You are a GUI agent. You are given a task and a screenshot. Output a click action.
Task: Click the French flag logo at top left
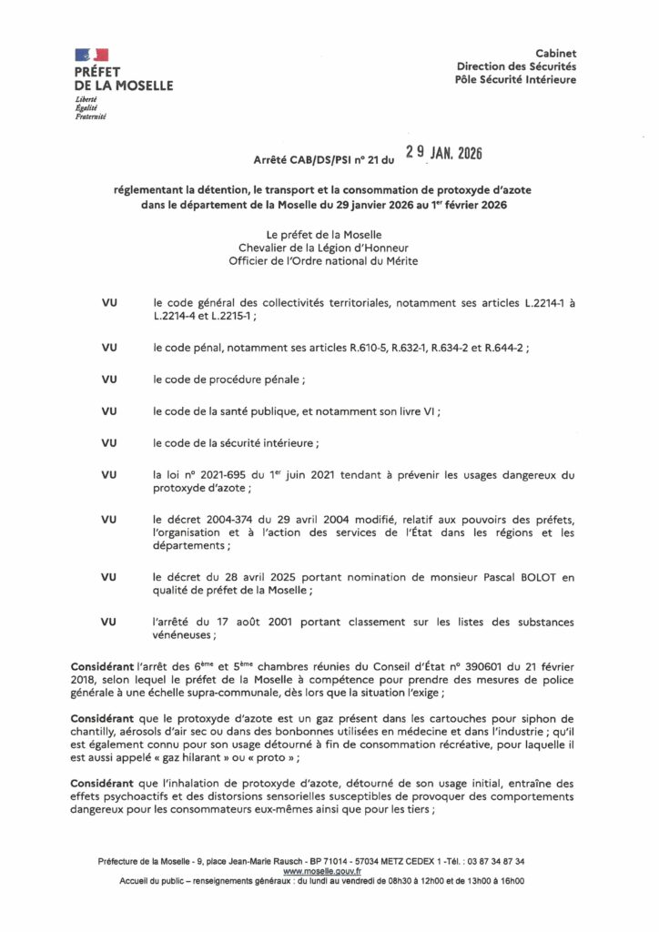[x=92, y=55]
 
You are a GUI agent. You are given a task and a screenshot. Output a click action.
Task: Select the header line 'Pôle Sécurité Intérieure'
[x=515, y=79]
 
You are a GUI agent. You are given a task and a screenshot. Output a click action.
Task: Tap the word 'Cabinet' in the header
[x=555, y=54]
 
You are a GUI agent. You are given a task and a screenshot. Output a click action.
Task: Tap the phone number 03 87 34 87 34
[x=493, y=861]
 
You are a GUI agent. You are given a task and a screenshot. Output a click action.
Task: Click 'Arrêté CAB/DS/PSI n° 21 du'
[x=324, y=160]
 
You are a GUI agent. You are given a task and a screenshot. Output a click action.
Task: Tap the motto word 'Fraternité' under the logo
[x=91, y=116]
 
